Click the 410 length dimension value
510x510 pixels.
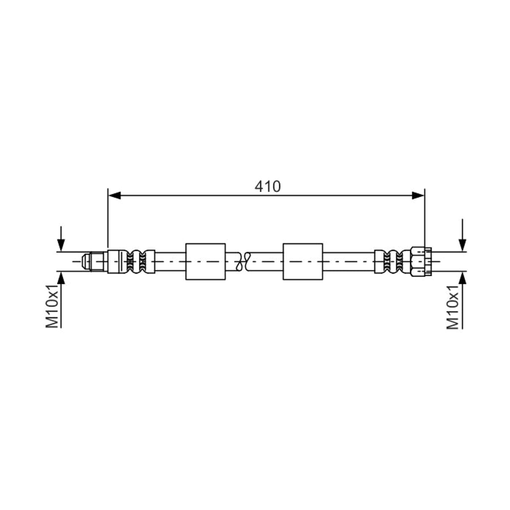pyautogui.click(x=267, y=187)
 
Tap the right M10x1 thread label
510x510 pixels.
pyautogui.click(x=453, y=307)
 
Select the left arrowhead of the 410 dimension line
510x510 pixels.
pyautogui.click(x=115, y=195)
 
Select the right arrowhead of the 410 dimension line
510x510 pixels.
pyautogui.click(x=418, y=195)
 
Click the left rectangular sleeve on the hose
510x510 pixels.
pyautogui.click(x=205, y=261)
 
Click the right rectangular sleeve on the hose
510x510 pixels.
pyautogui.click(x=303, y=261)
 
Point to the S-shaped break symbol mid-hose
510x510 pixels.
pyautogui.click(x=244, y=261)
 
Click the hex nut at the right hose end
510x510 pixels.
pyautogui.click(x=421, y=262)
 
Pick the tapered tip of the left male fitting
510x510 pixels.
pyautogui.click(x=85, y=261)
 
